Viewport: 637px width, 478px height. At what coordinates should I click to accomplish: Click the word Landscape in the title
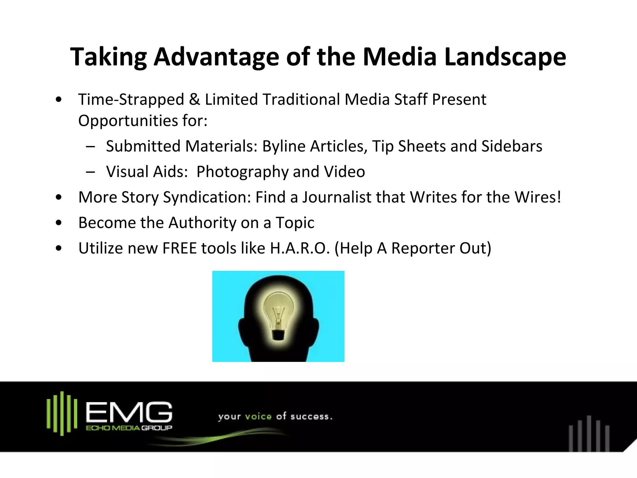[505, 57]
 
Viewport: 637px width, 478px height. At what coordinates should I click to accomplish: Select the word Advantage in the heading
[216, 57]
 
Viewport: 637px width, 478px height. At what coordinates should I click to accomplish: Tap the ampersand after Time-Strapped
[194, 100]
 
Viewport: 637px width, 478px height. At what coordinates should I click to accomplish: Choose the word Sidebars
[512, 146]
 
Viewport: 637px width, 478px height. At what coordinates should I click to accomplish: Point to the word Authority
[202, 223]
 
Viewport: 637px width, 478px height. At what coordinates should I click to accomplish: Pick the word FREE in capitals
[180, 248]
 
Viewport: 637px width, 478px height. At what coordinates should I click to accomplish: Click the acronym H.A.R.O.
[300, 248]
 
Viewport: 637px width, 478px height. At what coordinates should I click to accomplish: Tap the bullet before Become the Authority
[58, 223]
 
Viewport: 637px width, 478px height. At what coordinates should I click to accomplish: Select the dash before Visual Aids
[91, 172]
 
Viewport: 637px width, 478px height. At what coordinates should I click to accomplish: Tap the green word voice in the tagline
[258, 416]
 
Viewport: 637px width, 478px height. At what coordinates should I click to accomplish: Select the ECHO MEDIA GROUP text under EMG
[129, 428]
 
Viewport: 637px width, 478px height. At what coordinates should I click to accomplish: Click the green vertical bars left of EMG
[62, 413]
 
